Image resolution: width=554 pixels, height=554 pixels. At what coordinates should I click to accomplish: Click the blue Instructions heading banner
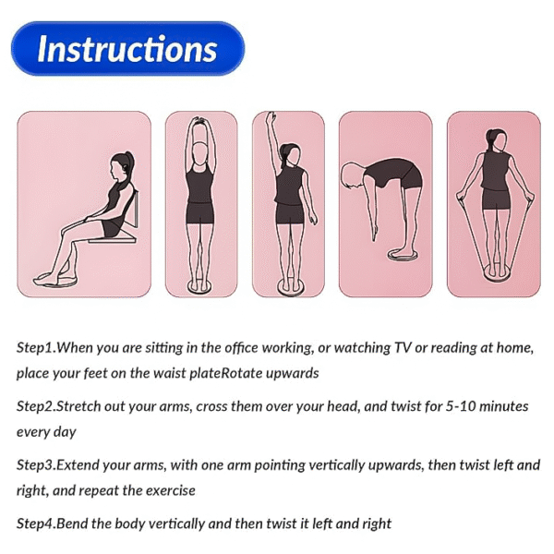127,48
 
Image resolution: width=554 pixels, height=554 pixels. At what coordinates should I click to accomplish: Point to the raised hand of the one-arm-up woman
271,118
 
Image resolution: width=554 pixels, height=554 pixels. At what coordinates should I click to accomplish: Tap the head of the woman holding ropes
494,139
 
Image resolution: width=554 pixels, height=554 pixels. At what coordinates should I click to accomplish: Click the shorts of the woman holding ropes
495,198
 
